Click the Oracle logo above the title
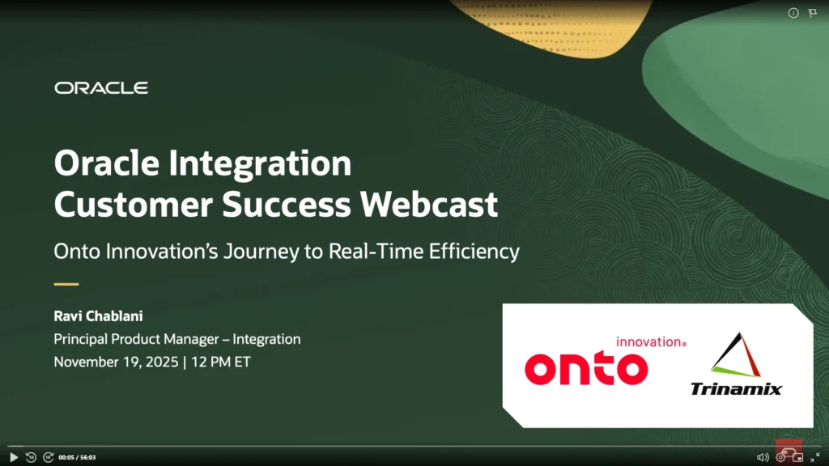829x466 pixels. point(101,87)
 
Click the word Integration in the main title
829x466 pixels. point(260,163)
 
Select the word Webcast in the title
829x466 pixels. point(429,204)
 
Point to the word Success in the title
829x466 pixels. point(286,204)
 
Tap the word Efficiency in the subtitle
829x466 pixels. point(474,252)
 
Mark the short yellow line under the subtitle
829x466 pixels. point(66,284)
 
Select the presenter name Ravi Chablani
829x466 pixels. point(98,316)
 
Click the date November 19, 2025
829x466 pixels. point(116,362)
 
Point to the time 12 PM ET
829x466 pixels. point(220,362)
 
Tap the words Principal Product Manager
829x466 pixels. point(136,339)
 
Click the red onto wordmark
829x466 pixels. point(586,369)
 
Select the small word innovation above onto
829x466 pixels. point(651,342)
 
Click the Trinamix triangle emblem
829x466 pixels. point(736,354)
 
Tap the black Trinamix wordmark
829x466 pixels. point(736,389)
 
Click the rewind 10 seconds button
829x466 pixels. point(31,457)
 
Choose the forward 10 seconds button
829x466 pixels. point(48,457)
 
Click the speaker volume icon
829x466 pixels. point(763,458)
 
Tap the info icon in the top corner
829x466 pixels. point(793,13)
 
